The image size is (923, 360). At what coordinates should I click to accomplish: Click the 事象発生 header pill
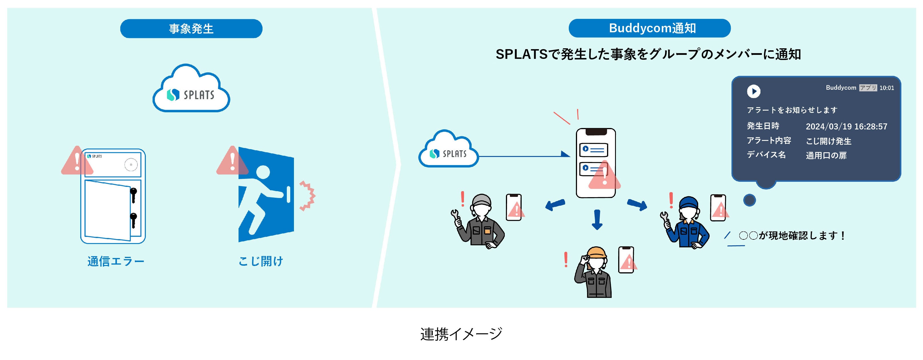click(191, 29)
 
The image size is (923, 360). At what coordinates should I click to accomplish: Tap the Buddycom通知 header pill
click(649, 28)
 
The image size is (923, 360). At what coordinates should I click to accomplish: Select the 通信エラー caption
click(116, 261)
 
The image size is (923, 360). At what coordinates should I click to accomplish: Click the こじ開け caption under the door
click(261, 261)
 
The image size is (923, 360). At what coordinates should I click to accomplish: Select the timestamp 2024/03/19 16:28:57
click(846, 127)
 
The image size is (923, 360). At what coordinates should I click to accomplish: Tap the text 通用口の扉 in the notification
click(826, 155)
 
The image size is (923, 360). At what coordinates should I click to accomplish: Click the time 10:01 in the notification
click(886, 88)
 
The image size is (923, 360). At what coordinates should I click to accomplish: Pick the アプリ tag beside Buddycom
click(868, 88)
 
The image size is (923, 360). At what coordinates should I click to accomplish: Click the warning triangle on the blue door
click(232, 161)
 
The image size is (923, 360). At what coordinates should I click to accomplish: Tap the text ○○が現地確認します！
click(792, 236)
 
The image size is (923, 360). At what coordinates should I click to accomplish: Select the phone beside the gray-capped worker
click(514, 207)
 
